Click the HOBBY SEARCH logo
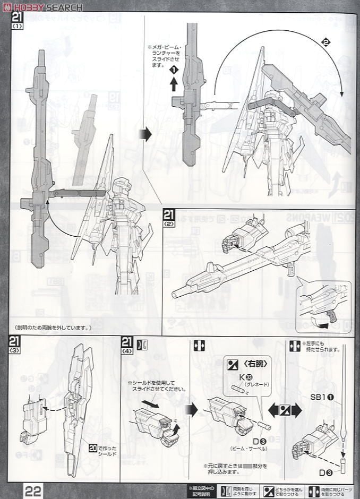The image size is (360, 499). [42, 6]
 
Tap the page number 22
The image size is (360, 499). [33, 487]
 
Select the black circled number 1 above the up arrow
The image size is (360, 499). [173, 70]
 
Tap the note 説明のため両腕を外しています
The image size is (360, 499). [54, 328]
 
